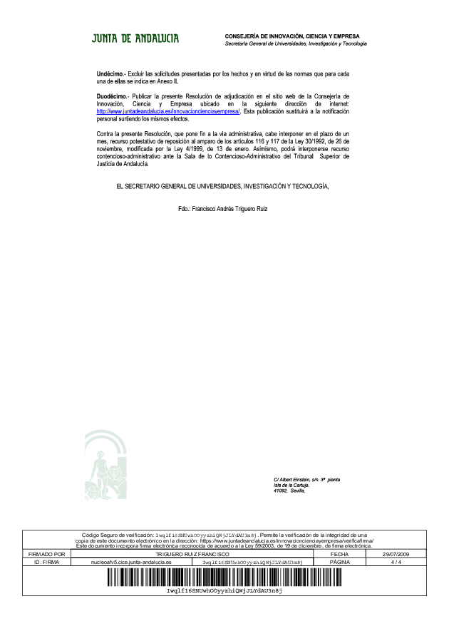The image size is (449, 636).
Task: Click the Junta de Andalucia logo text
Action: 135,38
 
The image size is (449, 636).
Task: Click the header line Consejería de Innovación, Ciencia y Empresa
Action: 292,36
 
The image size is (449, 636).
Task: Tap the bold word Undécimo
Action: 110,74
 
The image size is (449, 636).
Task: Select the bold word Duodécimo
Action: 112,95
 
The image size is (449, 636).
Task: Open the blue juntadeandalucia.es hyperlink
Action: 169,111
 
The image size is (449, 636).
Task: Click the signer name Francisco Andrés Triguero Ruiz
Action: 223,210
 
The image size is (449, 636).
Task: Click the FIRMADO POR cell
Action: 46,554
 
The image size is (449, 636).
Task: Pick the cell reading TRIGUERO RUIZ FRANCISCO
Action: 192,554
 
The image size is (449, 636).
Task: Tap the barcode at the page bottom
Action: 224,578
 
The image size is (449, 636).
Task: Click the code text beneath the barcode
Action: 224,591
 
